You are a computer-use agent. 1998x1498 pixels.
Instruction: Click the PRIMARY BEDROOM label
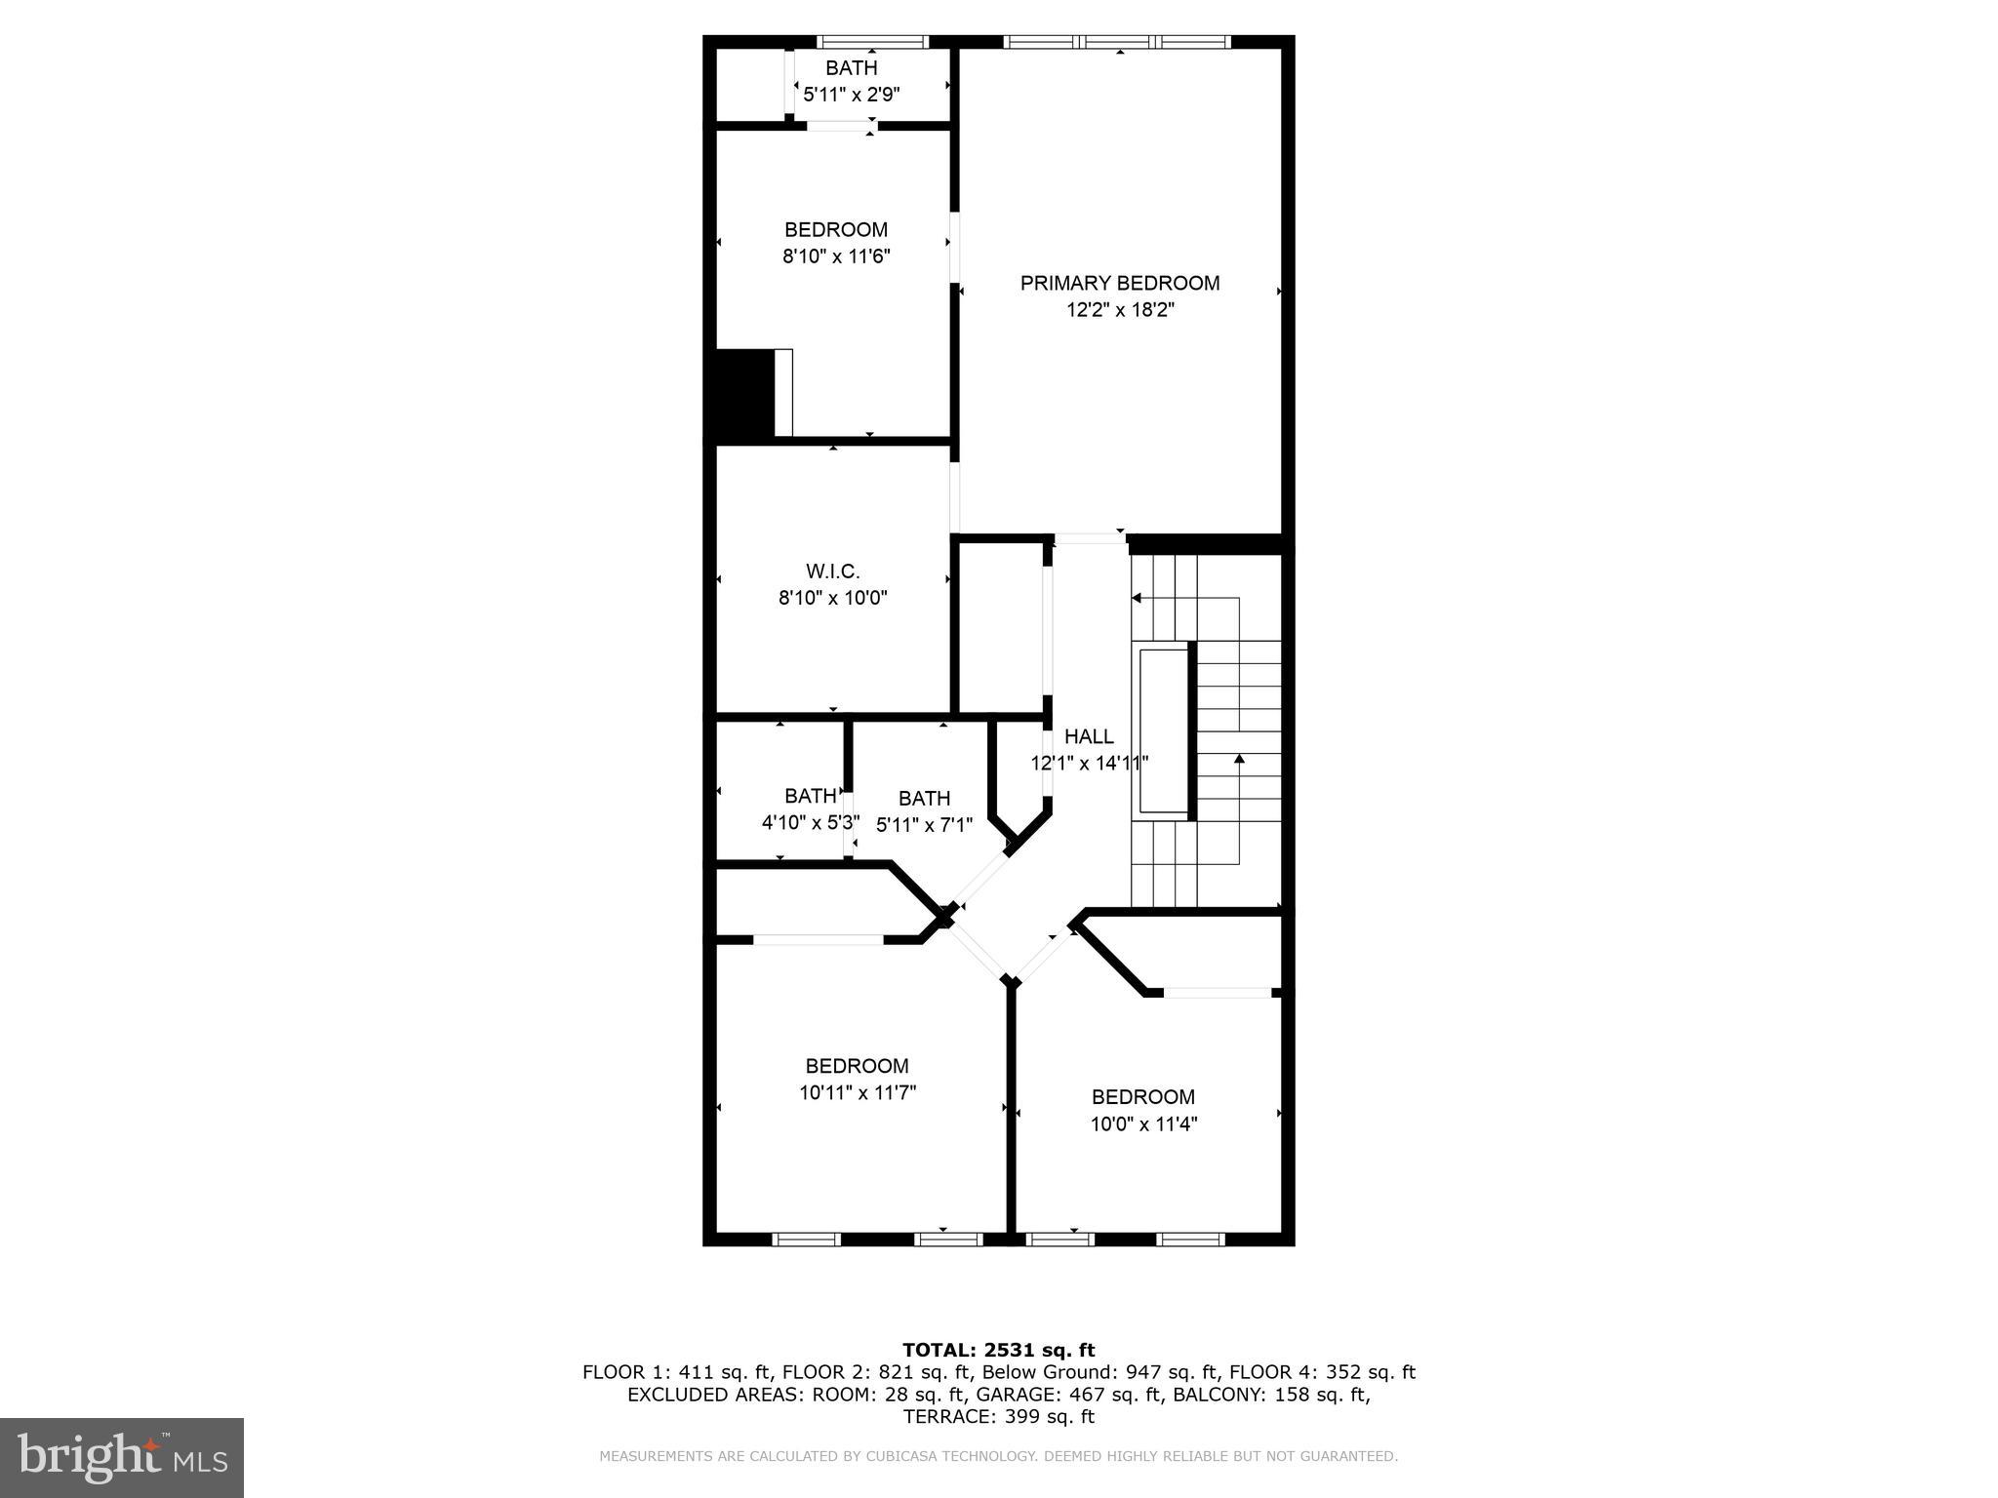(1119, 283)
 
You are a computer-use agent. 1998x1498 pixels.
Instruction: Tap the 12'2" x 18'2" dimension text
(1119, 310)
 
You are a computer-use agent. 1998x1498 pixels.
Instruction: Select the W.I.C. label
(832, 572)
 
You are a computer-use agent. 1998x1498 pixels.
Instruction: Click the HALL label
(1089, 736)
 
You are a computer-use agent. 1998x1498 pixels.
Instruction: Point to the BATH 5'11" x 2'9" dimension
(851, 95)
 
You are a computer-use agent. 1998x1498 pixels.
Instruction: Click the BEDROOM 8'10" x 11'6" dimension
(836, 256)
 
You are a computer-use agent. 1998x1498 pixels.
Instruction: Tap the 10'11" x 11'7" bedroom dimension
(857, 1093)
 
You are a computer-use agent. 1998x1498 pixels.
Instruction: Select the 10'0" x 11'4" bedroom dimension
(1142, 1123)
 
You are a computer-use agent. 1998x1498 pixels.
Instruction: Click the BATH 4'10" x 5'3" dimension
(810, 822)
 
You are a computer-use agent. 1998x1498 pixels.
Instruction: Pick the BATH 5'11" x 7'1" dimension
(924, 825)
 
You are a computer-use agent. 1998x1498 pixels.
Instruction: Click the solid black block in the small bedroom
(744, 393)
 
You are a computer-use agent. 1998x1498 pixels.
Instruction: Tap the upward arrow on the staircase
(1239, 759)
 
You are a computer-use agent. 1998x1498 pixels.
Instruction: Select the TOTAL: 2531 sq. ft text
(998, 1350)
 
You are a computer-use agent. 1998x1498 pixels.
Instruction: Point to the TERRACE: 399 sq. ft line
(998, 1417)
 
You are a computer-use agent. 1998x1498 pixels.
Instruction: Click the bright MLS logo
(122, 1457)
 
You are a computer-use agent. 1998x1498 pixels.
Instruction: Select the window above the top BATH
(871, 42)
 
